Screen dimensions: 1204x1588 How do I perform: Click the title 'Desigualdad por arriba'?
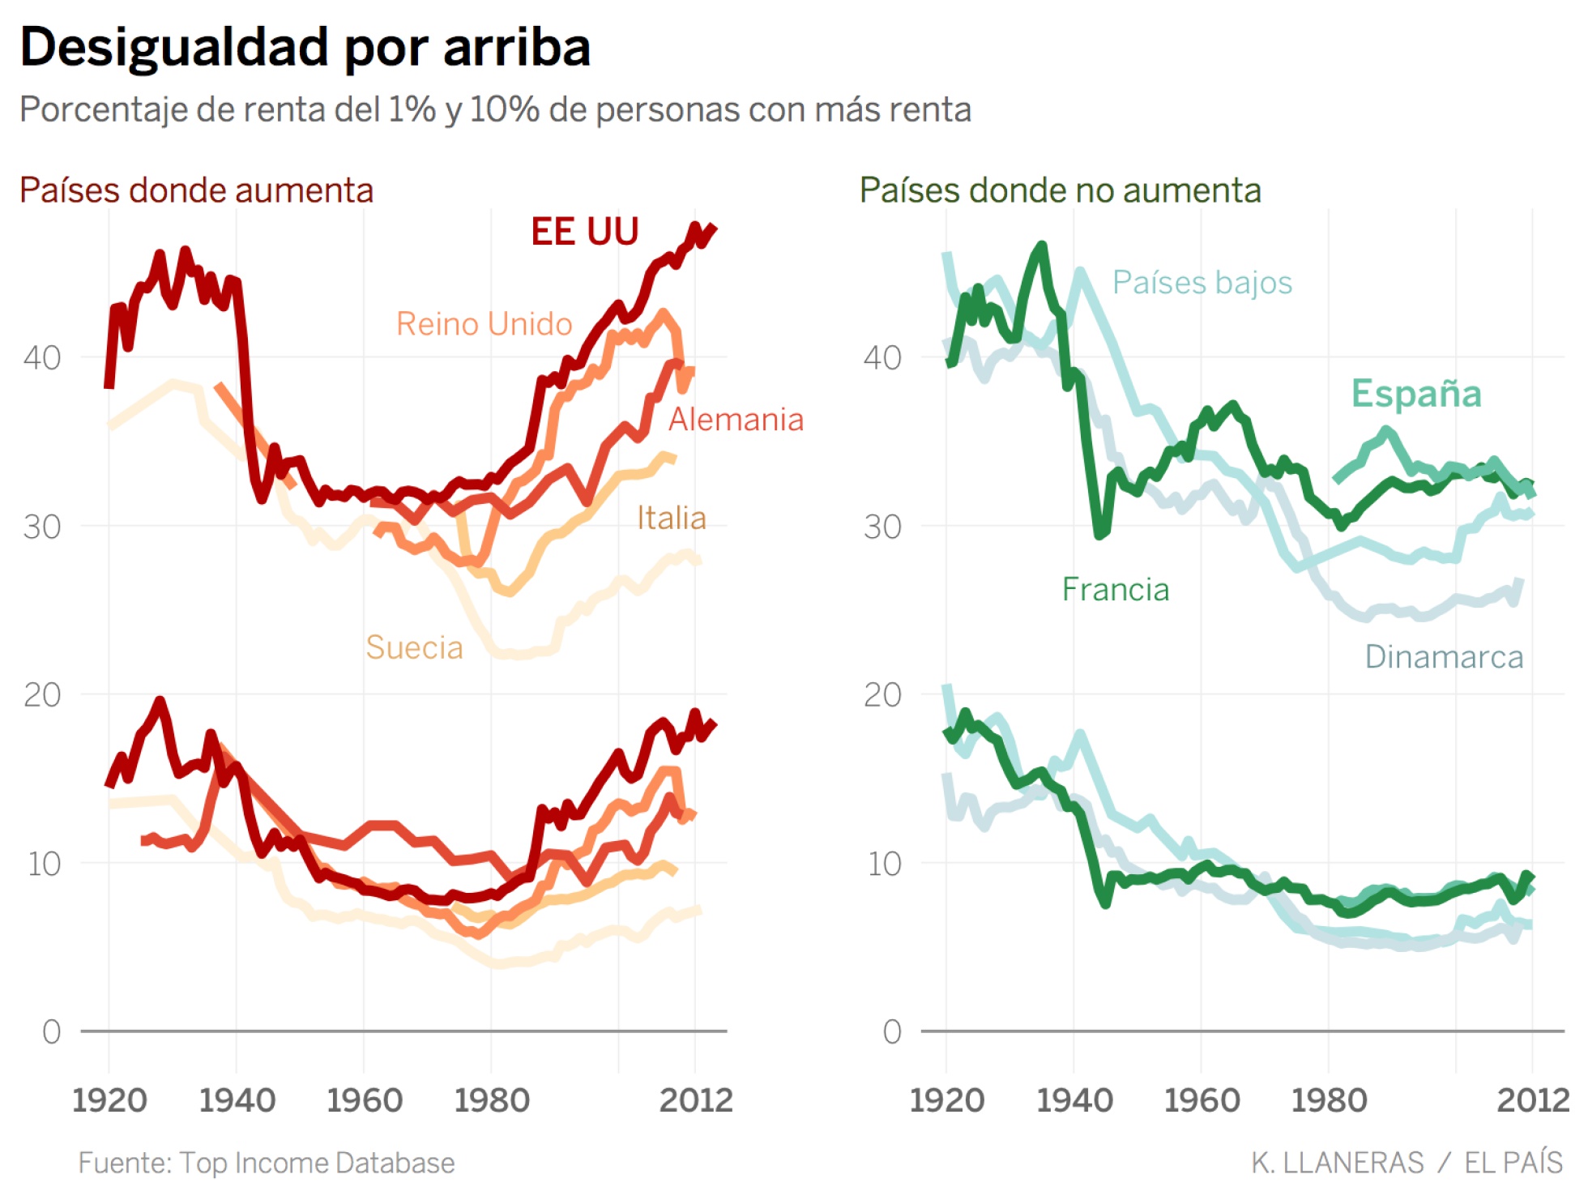(x=305, y=47)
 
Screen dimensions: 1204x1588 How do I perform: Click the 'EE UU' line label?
(x=584, y=232)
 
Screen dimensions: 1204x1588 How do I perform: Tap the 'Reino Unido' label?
(x=484, y=324)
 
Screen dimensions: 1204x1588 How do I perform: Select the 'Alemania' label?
(x=736, y=420)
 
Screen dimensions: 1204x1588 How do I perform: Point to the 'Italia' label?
(x=671, y=518)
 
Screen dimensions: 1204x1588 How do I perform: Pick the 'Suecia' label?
(x=414, y=647)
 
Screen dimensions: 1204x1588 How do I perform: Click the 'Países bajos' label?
(x=1202, y=283)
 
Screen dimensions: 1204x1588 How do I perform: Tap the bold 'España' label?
(x=1415, y=394)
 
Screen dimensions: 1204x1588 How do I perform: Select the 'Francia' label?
(x=1115, y=590)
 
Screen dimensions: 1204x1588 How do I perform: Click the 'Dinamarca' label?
(x=1443, y=657)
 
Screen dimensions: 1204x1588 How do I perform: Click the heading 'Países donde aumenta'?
(x=196, y=190)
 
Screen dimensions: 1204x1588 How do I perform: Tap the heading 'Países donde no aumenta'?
(x=1060, y=190)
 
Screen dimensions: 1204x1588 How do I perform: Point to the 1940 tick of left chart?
(x=237, y=1100)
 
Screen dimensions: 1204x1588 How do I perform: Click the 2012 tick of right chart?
(x=1532, y=1100)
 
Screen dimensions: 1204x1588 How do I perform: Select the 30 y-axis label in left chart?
(x=42, y=527)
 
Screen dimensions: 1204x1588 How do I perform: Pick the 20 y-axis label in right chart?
(x=882, y=695)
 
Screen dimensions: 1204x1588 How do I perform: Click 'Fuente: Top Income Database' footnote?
(x=266, y=1163)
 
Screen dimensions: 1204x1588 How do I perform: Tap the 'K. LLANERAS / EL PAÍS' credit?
(x=1406, y=1163)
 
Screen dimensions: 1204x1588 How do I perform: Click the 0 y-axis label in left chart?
(x=51, y=1032)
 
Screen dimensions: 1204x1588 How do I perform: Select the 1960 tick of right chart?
(x=1202, y=1100)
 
